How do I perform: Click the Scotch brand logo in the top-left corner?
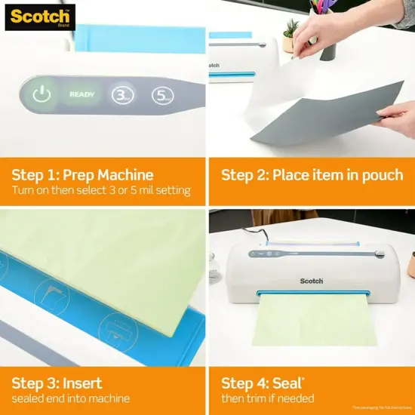tap(39, 17)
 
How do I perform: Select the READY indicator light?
tap(81, 95)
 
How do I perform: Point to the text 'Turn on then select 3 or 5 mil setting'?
tap(100, 191)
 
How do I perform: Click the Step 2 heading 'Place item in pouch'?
tap(312, 175)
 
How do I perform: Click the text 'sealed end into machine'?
tap(70, 398)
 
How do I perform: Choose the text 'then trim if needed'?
tap(267, 398)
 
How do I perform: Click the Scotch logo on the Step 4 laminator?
tap(311, 281)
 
